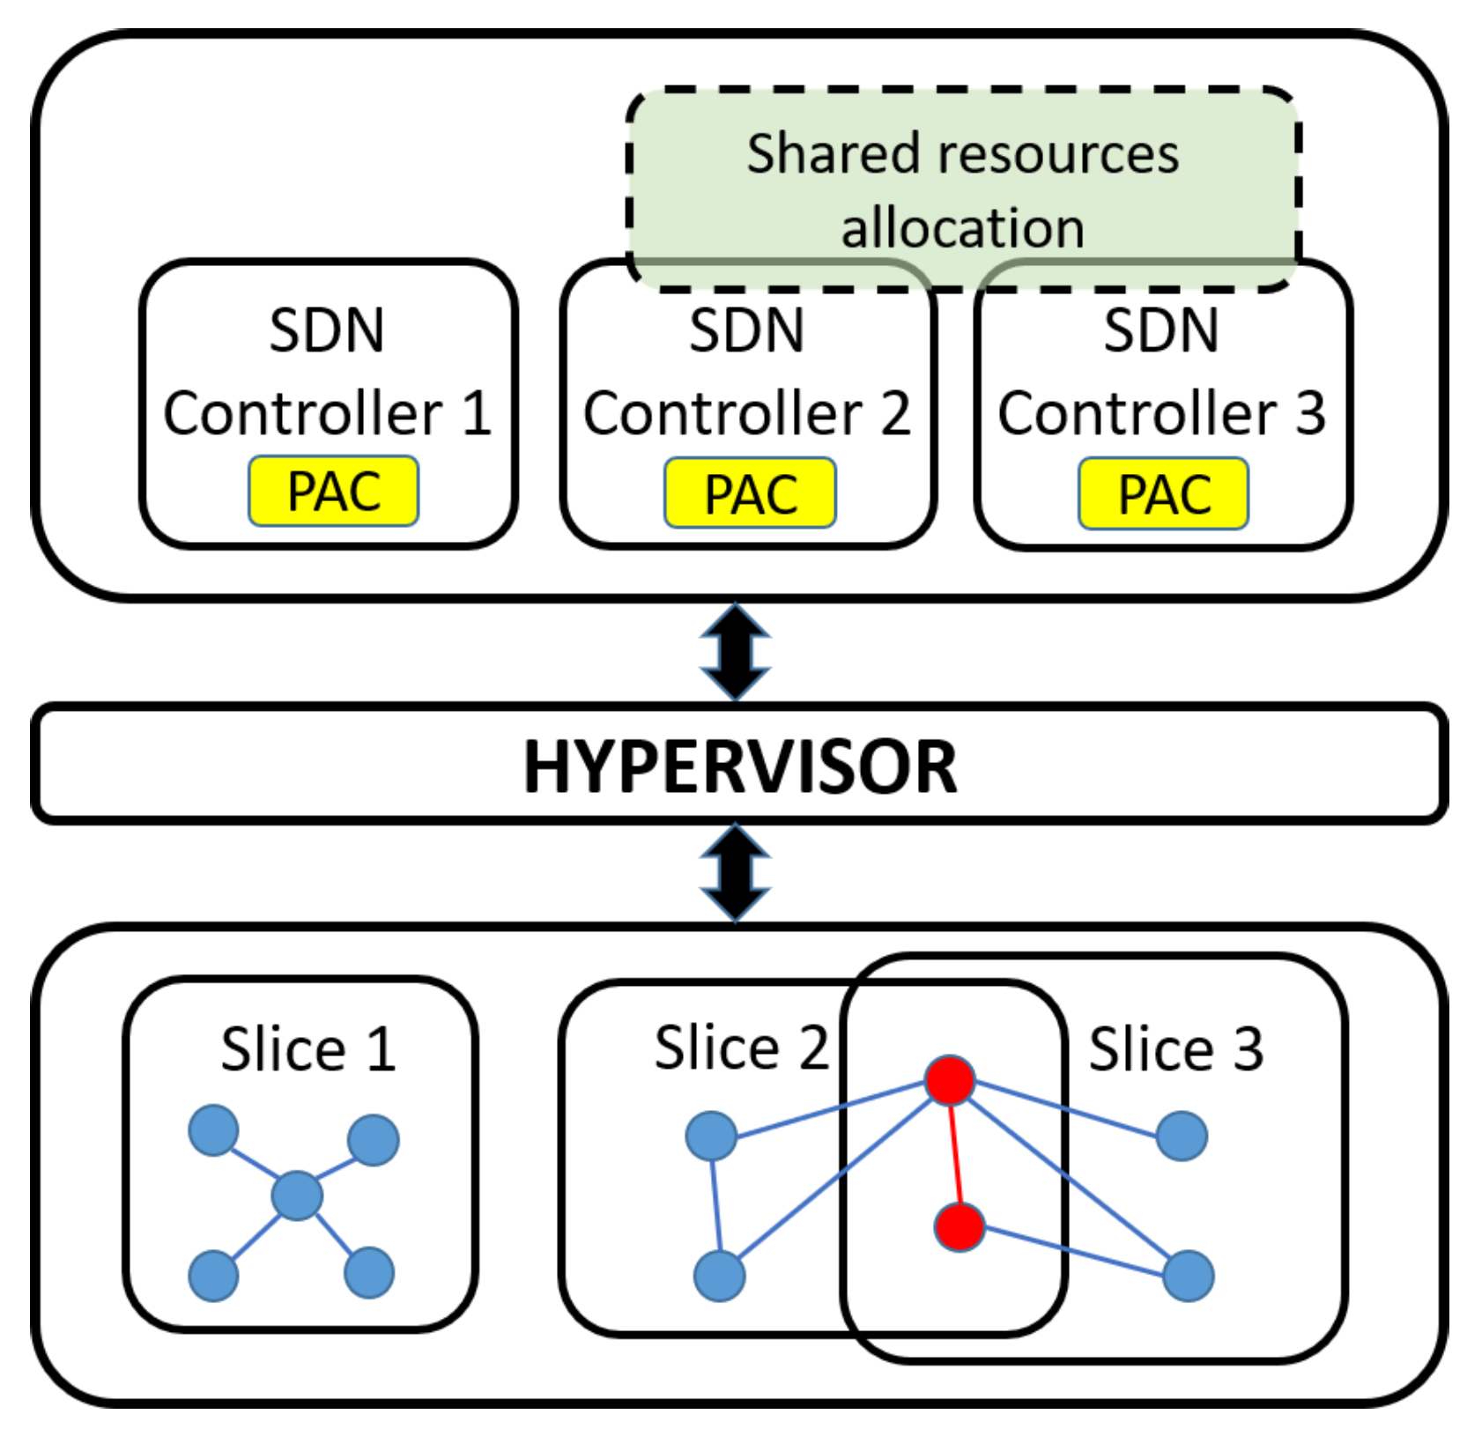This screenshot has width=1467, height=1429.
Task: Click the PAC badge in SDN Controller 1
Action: [333, 491]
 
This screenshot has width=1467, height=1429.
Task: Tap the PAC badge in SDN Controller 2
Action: [750, 492]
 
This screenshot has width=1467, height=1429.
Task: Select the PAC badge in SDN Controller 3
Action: [1163, 493]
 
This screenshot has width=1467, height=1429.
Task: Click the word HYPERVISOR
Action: [740, 766]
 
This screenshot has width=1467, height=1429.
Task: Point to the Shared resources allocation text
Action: [962, 189]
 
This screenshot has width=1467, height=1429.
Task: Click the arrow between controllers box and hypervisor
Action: [736, 652]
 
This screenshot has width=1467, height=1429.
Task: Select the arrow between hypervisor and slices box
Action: [736, 872]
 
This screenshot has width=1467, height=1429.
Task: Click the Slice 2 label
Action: [742, 1048]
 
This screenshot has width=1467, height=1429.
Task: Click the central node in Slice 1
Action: [297, 1196]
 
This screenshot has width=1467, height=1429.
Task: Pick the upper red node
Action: [950, 1080]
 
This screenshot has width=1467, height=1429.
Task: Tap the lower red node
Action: [959, 1226]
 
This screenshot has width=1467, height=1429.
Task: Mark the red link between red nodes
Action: [954, 1154]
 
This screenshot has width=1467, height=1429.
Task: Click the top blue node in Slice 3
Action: [1181, 1136]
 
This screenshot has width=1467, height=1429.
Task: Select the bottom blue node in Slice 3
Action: [1188, 1275]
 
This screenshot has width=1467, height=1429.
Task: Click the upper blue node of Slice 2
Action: [711, 1136]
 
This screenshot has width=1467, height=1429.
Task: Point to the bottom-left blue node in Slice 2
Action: [719, 1276]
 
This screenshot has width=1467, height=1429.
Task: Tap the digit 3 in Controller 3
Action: [1310, 412]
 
